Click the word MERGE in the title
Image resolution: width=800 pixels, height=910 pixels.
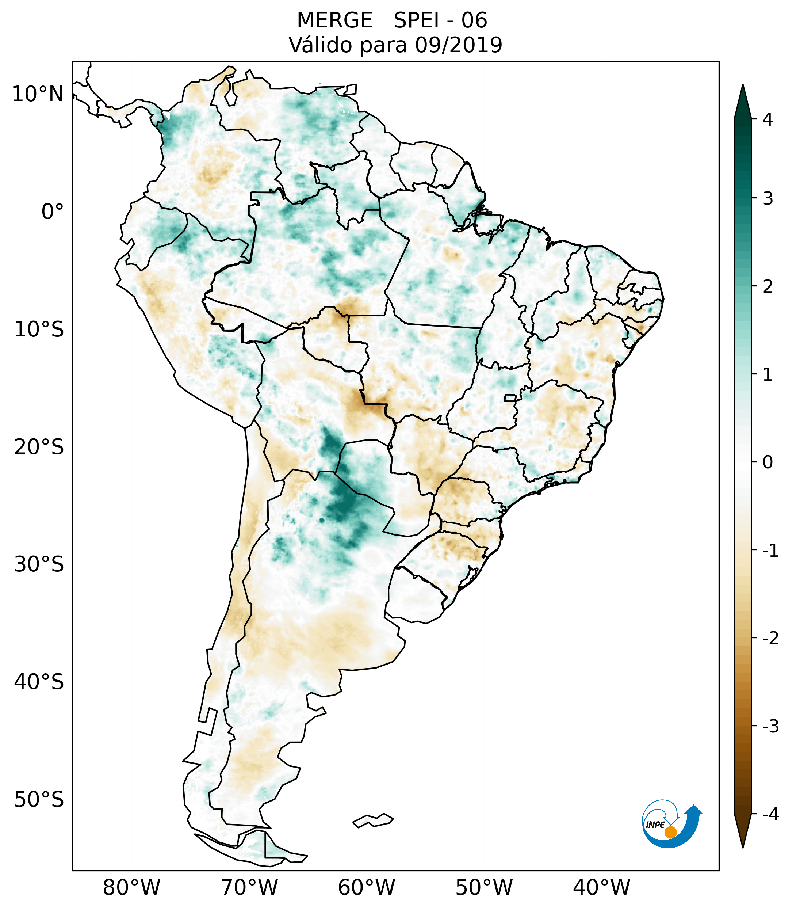(334, 20)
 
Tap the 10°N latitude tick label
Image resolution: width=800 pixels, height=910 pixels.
(38, 94)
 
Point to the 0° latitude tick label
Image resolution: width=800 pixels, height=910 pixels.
(53, 212)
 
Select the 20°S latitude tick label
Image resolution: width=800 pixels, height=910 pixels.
(39, 447)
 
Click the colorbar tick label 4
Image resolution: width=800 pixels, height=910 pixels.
(768, 119)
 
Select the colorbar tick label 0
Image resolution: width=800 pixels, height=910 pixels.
(768, 462)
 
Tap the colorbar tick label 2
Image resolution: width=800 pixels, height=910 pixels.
(768, 287)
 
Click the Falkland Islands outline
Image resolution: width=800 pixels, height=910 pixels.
(373, 820)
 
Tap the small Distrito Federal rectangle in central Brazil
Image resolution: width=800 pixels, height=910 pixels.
(510, 397)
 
